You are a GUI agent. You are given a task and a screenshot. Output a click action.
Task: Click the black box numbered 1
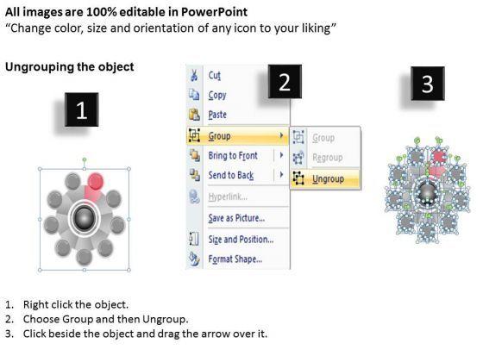(x=82, y=109)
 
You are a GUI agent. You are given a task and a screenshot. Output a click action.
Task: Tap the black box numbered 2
(x=285, y=82)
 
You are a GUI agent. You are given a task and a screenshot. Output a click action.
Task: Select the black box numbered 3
(x=428, y=84)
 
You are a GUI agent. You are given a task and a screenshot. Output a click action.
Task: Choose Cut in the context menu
(x=215, y=75)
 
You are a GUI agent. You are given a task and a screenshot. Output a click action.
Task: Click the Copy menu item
(x=217, y=95)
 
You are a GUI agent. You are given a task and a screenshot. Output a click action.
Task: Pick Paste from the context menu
(x=217, y=115)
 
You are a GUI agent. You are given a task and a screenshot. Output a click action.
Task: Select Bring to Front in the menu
(x=233, y=156)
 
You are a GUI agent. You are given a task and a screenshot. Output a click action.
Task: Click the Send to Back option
(x=231, y=175)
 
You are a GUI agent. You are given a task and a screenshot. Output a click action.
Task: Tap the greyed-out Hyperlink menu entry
(x=228, y=197)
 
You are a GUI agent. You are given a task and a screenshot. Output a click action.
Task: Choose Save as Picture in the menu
(x=236, y=218)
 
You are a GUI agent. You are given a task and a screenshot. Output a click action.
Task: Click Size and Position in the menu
(x=241, y=240)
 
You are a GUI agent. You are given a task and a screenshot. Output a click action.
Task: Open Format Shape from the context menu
(x=235, y=259)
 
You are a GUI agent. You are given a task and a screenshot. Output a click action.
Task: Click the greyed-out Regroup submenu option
(x=328, y=158)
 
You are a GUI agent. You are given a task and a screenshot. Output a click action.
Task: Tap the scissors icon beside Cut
(x=194, y=75)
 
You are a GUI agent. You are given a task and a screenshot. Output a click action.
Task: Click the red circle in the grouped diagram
(x=96, y=181)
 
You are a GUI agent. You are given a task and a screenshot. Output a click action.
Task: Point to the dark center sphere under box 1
(x=85, y=217)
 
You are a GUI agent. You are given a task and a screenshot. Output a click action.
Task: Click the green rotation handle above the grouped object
(x=85, y=159)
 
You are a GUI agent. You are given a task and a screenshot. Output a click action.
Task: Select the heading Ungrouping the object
(x=70, y=67)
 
